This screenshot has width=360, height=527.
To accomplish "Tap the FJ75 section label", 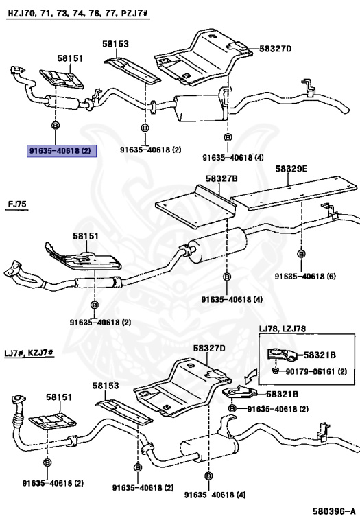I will [18, 204].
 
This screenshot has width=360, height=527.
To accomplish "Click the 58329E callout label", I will [291, 167].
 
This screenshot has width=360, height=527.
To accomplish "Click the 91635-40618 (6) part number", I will [305, 276].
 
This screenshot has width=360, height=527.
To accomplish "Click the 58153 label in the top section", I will [116, 44].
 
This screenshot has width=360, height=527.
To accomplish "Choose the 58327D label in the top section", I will [276, 49].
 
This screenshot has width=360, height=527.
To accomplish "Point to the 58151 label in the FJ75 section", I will [87, 237].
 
